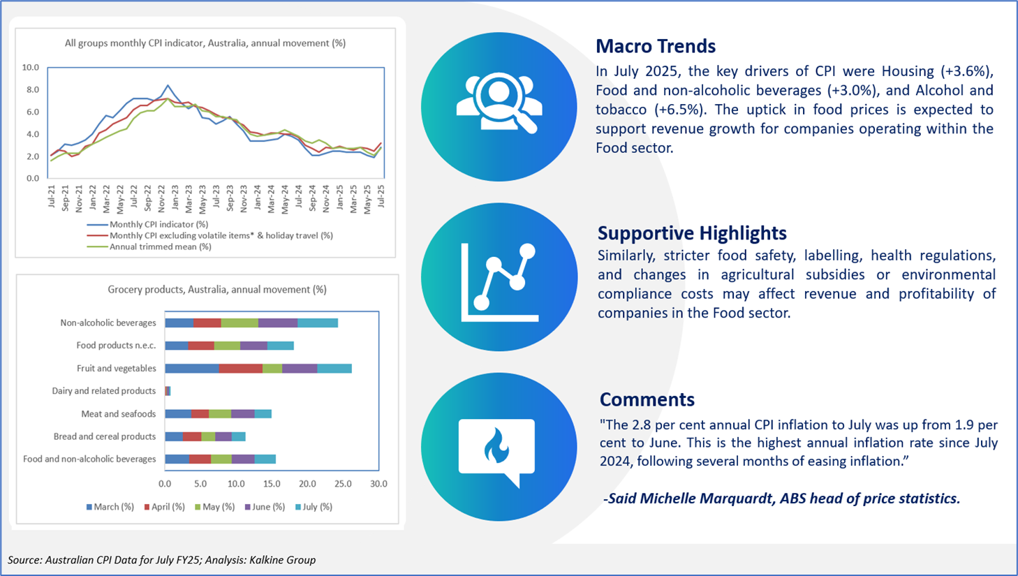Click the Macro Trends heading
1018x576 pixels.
coord(656,46)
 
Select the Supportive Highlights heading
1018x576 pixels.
coord(692,233)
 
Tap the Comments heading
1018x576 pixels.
coord(647,399)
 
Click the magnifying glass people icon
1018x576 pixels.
coord(499,103)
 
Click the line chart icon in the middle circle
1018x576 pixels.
coord(499,282)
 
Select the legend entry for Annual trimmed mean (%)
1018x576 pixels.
coord(149,247)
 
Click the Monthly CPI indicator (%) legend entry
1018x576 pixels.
coord(148,225)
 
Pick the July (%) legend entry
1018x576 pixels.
coord(313,507)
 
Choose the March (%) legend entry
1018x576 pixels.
coord(110,507)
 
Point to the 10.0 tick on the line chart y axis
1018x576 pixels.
coord(31,67)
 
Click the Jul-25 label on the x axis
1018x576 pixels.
coord(381,196)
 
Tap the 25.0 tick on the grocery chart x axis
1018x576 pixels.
coord(343,484)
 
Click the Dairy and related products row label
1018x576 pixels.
coord(103,391)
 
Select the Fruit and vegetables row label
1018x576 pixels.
coord(117,368)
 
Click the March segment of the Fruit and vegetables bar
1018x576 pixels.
coord(192,369)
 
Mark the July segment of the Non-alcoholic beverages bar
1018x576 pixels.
coord(318,323)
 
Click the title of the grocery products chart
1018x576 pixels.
coord(217,290)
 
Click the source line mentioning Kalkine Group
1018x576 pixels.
coord(161,560)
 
